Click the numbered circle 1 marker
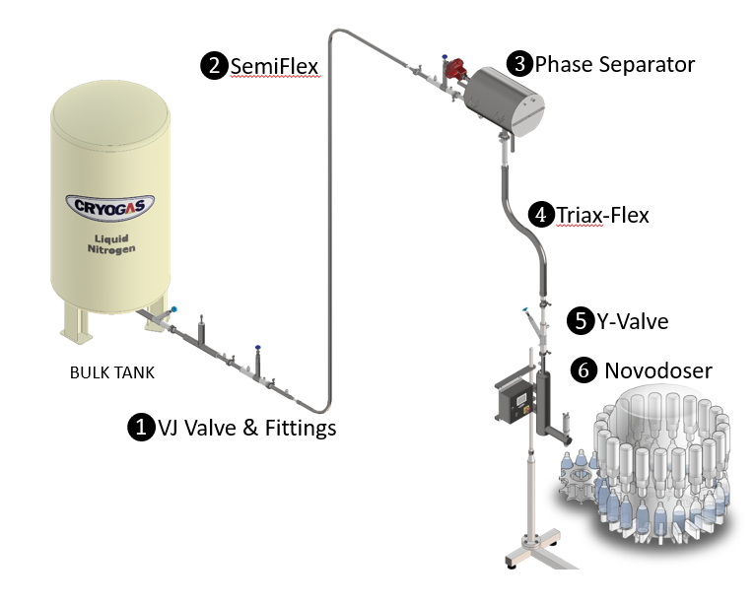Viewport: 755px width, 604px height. (x=141, y=427)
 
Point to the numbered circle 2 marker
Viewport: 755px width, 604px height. (x=213, y=66)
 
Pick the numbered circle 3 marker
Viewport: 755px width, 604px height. (x=518, y=64)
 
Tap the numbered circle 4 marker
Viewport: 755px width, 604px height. (x=540, y=213)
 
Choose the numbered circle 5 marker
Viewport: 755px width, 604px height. (x=580, y=320)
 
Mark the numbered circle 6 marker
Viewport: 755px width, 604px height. (x=584, y=370)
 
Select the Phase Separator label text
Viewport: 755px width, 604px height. (x=615, y=64)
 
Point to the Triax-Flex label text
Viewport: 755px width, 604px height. (x=602, y=214)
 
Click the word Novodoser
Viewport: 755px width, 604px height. (x=658, y=370)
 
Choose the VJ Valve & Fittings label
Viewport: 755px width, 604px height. (x=247, y=427)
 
